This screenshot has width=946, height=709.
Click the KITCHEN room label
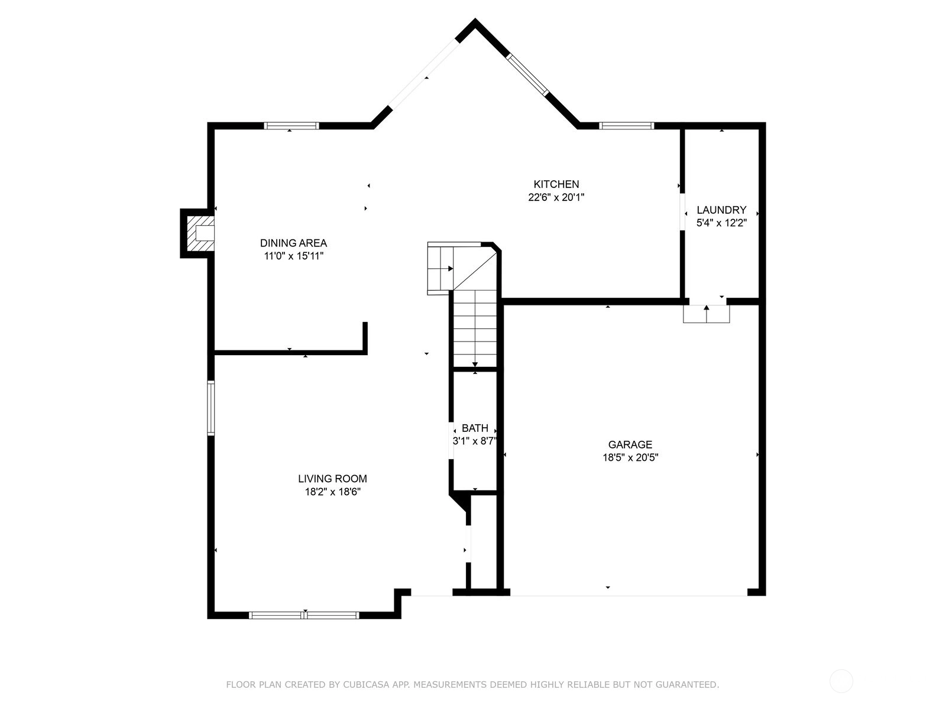tap(556, 184)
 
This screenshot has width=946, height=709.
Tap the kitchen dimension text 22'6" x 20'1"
tap(556, 197)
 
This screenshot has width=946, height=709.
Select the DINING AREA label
tap(293, 243)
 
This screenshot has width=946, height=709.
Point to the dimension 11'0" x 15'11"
tap(293, 256)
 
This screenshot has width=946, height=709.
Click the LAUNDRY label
tap(721, 210)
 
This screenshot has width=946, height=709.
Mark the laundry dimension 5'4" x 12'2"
tap(721, 223)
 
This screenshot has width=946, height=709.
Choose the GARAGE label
tap(630, 444)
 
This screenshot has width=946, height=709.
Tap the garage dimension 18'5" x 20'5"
tap(630, 457)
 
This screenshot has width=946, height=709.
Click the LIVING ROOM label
tap(333, 478)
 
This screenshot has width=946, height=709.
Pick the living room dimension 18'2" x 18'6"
tap(333, 492)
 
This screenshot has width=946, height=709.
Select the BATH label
tap(475, 428)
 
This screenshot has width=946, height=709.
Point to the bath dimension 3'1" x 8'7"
tap(475, 441)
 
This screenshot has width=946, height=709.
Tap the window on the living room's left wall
tap(210, 408)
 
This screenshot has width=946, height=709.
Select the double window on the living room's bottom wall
tap(304, 616)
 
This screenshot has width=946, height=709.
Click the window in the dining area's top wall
tap(291, 126)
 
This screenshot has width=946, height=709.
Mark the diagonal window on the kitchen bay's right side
tap(527, 74)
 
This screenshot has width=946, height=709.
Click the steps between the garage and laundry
tap(707, 314)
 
